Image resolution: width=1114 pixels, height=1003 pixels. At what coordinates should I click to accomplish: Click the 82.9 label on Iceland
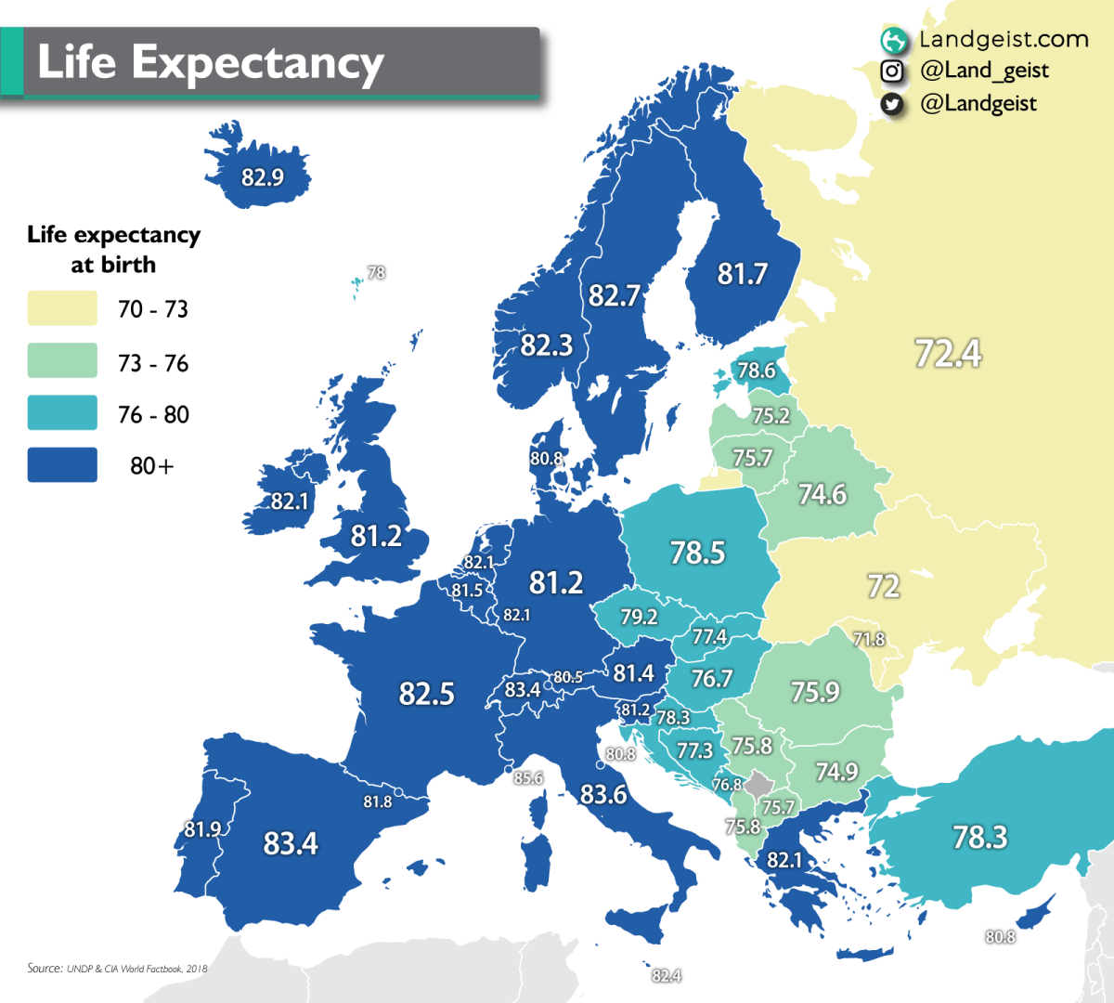(262, 177)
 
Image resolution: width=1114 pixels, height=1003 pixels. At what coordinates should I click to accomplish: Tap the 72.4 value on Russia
(948, 354)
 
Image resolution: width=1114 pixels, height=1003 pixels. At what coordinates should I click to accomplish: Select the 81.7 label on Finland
(742, 274)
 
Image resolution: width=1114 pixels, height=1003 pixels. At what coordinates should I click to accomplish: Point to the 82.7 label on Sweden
(614, 295)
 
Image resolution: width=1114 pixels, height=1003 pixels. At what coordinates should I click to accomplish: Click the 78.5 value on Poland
(697, 553)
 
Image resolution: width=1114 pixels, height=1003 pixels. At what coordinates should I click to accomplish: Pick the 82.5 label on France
(426, 694)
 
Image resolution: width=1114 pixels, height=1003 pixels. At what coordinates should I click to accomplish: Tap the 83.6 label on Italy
(603, 794)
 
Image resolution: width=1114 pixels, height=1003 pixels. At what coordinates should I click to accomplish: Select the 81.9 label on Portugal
(202, 829)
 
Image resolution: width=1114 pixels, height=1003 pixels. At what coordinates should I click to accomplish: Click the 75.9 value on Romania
(815, 692)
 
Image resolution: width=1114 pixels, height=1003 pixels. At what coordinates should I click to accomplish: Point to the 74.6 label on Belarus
(823, 494)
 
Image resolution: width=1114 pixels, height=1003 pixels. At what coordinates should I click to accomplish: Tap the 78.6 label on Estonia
(756, 371)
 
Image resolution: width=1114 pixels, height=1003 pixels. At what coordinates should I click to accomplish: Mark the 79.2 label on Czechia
(639, 617)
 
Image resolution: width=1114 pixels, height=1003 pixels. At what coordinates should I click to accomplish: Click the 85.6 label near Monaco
(528, 778)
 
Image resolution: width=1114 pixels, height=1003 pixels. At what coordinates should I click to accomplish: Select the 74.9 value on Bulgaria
(836, 772)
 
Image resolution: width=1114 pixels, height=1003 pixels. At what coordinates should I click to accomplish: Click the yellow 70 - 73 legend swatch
(62, 308)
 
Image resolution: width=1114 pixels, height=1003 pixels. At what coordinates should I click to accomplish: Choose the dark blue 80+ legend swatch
(62, 465)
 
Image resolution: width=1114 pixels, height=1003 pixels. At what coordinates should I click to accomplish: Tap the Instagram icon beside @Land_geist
(892, 71)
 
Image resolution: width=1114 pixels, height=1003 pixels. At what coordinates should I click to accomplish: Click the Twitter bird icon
(892, 104)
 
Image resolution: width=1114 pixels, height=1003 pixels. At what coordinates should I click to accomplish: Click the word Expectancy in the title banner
(257, 63)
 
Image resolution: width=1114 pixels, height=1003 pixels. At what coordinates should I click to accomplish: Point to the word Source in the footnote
(45, 968)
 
